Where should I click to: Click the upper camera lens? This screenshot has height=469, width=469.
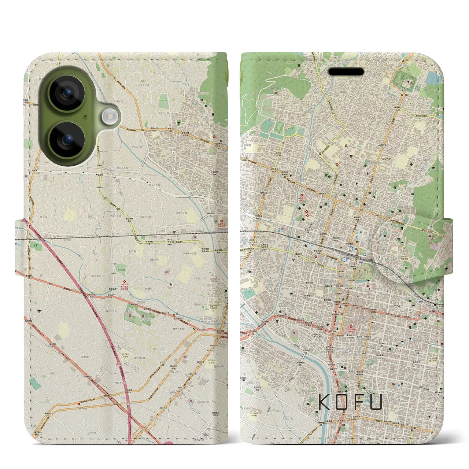click(67, 93)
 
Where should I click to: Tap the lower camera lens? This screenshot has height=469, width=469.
click(67, 140)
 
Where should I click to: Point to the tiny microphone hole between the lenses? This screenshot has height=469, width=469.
click(86, 117)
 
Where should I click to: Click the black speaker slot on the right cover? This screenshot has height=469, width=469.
click(346, 71)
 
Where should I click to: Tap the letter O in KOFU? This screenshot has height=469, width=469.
click(343, 402)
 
